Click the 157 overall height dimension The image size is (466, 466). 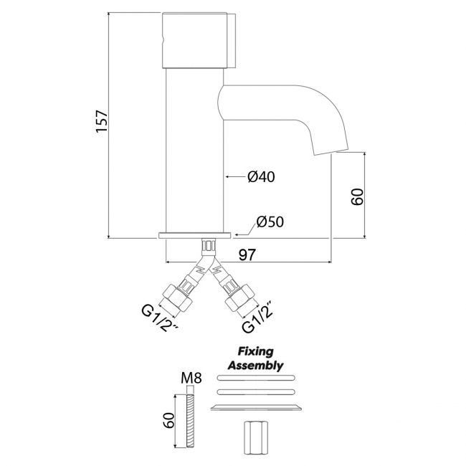101,122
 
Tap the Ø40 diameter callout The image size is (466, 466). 261,177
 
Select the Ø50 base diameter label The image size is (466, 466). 270,222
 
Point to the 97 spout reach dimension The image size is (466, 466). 247,255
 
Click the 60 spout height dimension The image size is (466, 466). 357,196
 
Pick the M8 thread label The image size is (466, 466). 191,379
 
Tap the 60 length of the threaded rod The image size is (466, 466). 168,420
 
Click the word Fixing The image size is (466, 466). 256,351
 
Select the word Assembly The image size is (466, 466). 256,365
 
